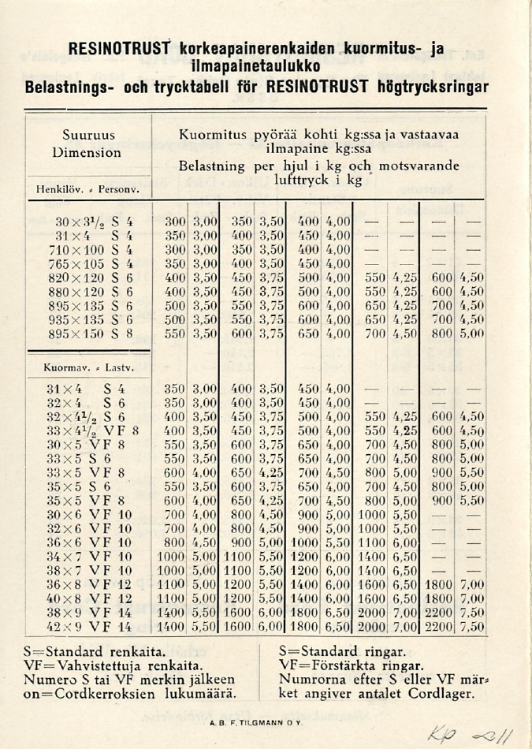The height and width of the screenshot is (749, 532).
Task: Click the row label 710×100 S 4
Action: tap(87, 250)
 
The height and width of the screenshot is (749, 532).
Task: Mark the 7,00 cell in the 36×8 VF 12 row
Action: tap(472, 584)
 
